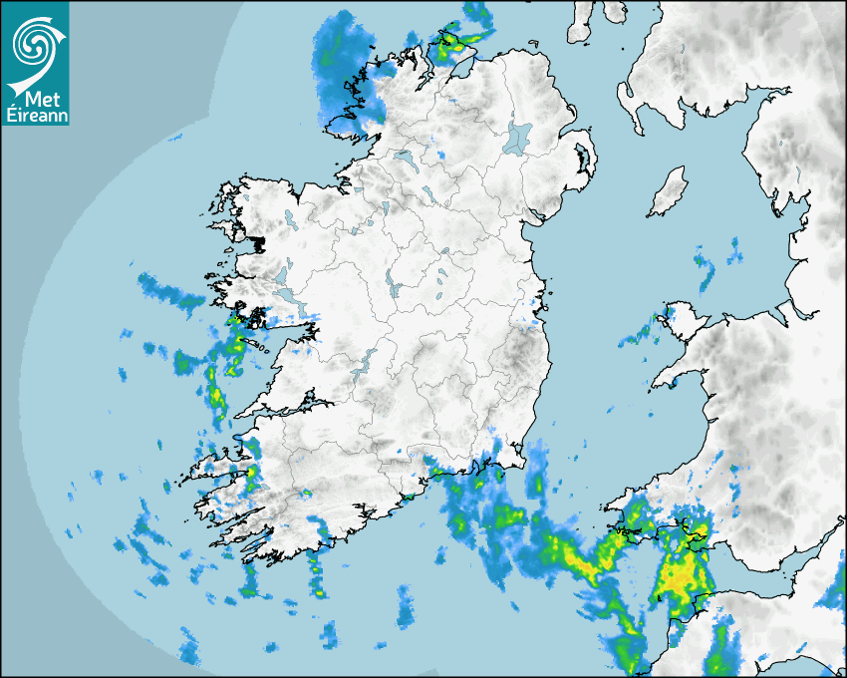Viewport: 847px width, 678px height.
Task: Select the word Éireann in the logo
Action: coord(35,114)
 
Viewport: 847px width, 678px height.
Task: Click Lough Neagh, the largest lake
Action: coord(518,137)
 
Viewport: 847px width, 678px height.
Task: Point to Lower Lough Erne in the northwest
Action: coord(403,158)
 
